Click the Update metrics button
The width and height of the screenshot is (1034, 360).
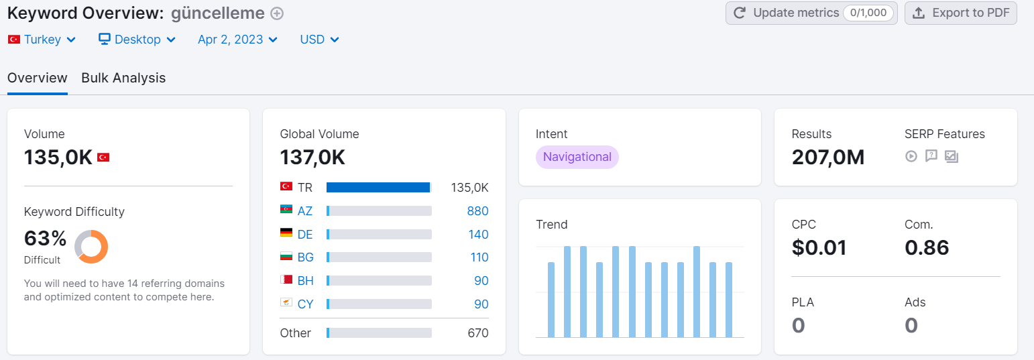click(811, 13)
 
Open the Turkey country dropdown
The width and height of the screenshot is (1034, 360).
click(42, 40)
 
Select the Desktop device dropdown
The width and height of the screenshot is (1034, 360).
click(137, 40)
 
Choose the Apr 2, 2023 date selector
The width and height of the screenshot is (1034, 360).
click(238, 40)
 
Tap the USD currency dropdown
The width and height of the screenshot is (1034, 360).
click(319, 40)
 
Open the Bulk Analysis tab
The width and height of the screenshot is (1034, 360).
click(123, 78)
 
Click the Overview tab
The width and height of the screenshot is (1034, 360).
click(38, 78)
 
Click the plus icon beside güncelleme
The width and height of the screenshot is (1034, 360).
click(277, 14)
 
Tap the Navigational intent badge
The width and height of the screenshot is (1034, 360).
click(577, 157)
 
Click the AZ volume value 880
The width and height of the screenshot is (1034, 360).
click(477, 211)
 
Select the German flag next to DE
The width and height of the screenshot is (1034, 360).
click(286, 233)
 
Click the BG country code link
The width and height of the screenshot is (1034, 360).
click(306, 257)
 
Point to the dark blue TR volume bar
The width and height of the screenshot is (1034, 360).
click(378, 188)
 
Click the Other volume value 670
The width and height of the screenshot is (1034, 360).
click(477, 333)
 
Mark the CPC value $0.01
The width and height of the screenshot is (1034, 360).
click(819, 248)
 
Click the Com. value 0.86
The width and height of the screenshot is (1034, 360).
click(927, 248)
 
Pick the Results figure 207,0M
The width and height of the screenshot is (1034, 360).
click(828, 158)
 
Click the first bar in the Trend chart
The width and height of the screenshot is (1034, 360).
click(551, 300)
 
